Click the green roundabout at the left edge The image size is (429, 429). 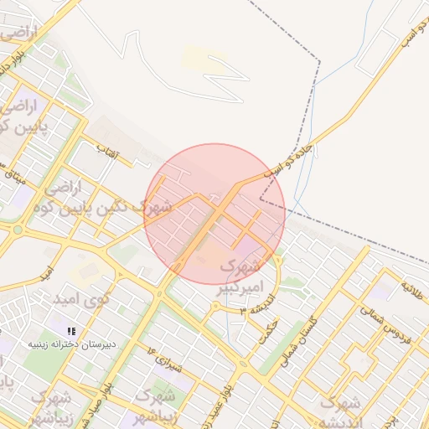tap(17, 229)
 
